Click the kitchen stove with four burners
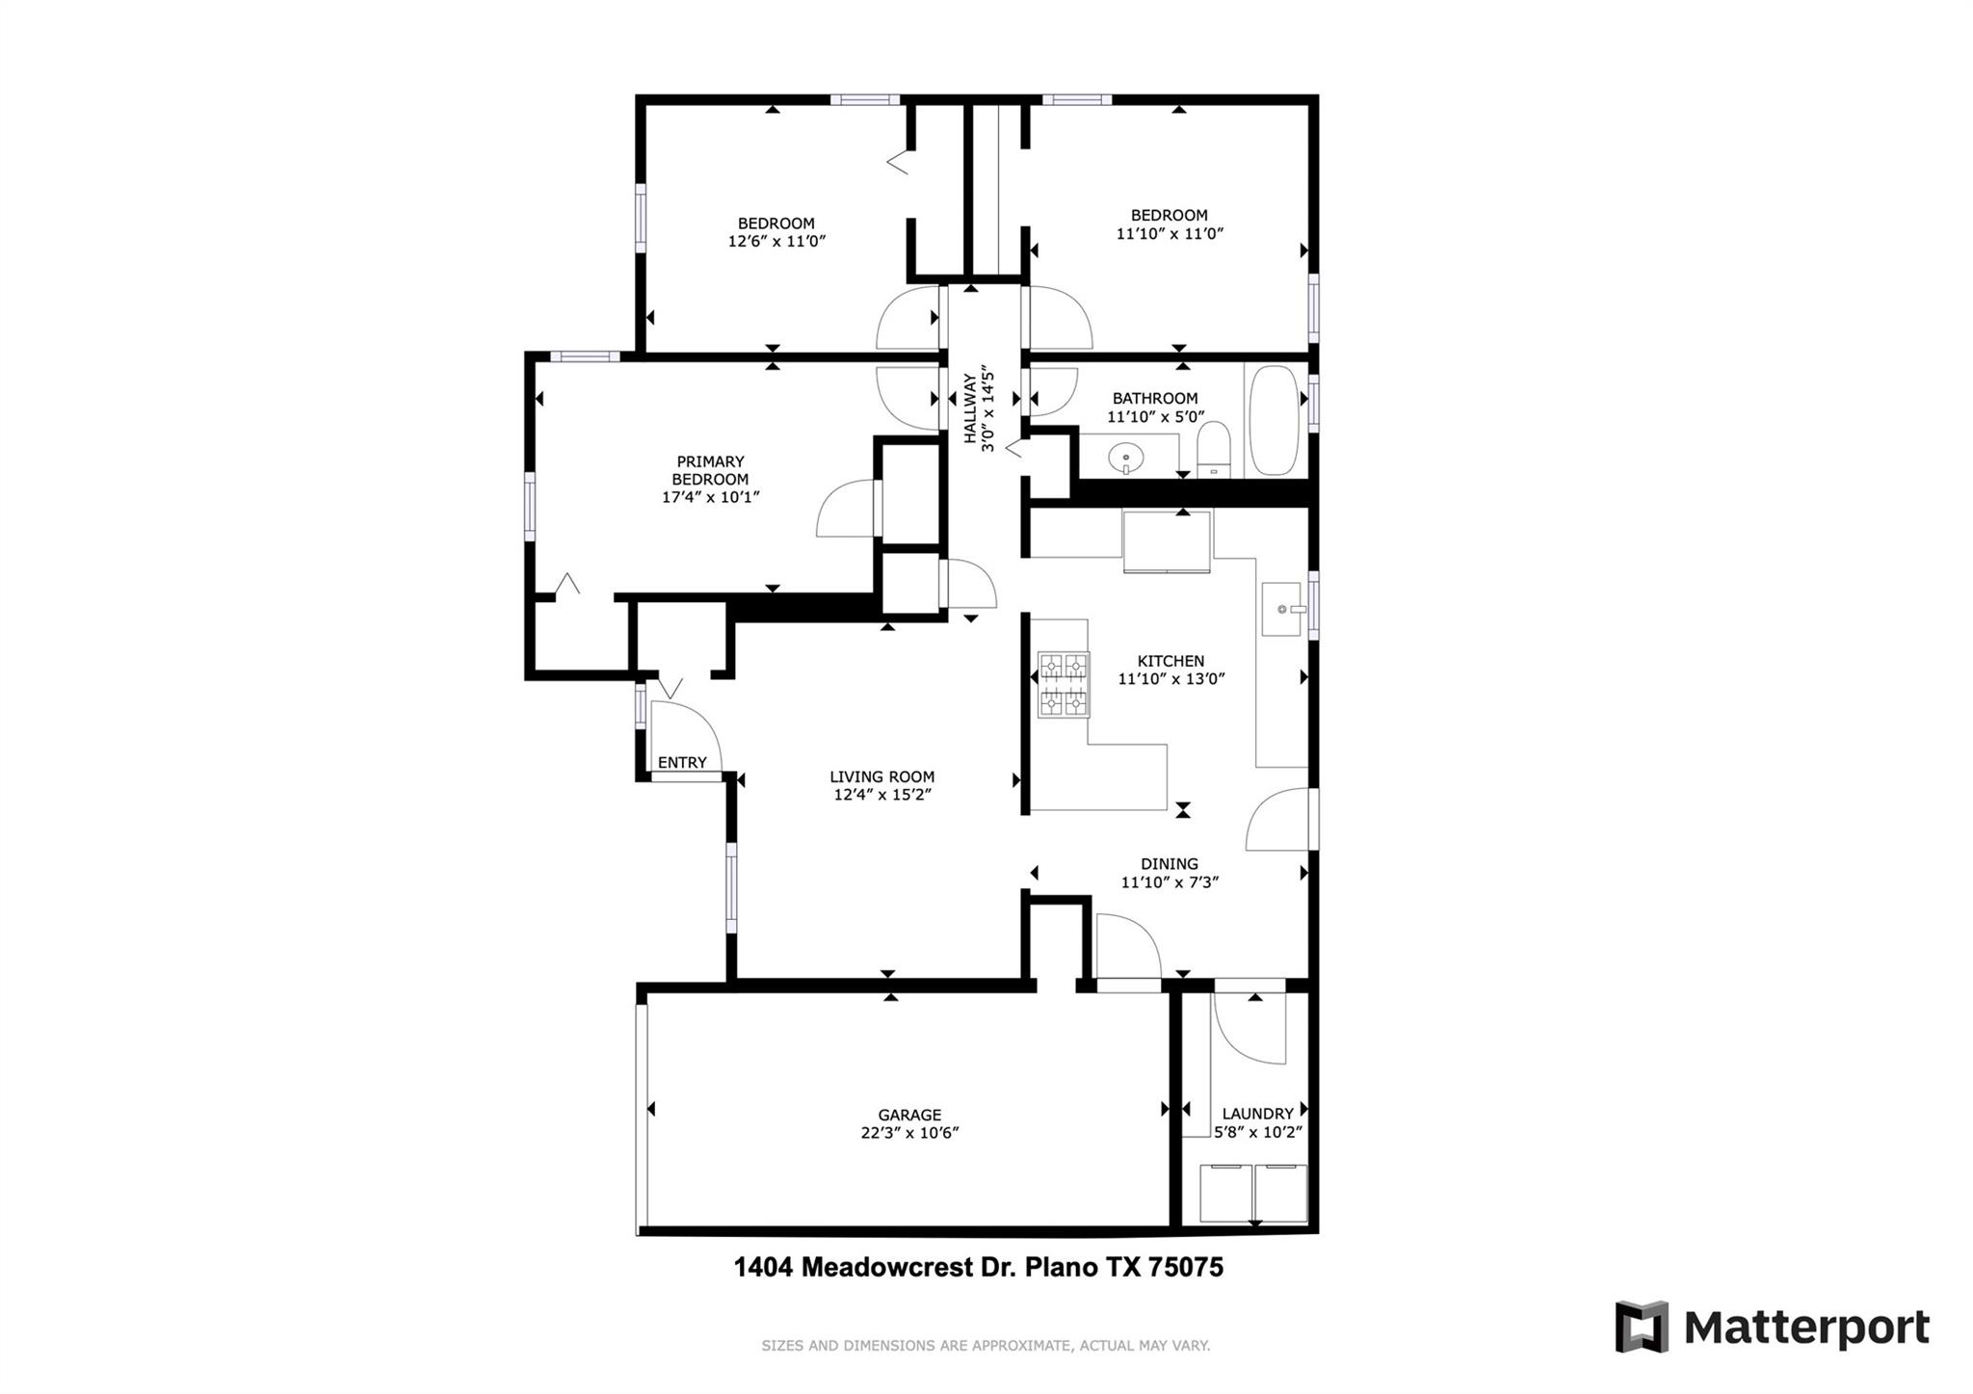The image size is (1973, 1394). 1064,685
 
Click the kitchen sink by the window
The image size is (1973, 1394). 1284,609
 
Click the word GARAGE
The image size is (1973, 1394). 909,1116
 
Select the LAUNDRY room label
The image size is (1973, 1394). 1257,1114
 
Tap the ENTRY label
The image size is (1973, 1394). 682,762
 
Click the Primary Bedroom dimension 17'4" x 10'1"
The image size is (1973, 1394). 710,497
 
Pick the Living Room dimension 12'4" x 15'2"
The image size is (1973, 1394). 882,795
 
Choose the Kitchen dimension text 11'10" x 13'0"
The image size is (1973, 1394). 1171,679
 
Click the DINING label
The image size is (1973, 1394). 1170,864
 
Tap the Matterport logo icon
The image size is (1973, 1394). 1642,1327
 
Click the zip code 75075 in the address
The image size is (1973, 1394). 1186,1266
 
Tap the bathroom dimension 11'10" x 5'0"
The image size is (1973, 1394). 1155,417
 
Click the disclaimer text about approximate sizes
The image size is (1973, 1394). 986,1346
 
